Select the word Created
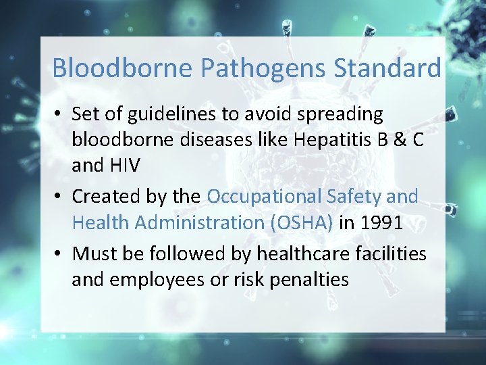click(107, 197)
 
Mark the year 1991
click(379, 222)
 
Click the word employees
click(160, 279)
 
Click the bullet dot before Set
click(59, 115)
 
